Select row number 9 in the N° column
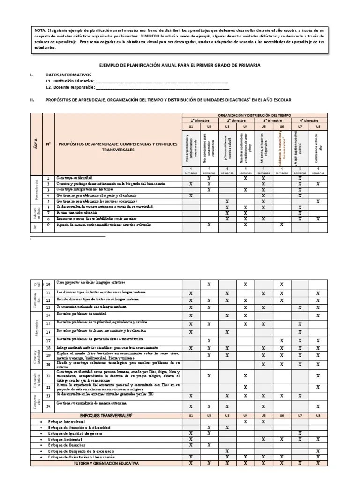click(48, 212)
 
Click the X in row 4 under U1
click(190, 195)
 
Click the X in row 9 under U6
click(282, 212)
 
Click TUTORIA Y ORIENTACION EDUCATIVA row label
click(106, 463)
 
